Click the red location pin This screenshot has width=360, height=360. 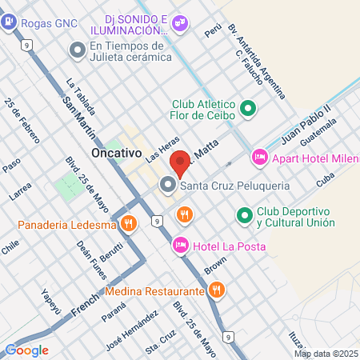(182, 163)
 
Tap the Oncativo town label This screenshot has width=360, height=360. (116, 151)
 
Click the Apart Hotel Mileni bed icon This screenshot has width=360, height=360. (258, 158)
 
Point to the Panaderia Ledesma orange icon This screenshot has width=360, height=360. (129, 224)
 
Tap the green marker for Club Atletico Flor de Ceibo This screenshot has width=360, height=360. (248, 106)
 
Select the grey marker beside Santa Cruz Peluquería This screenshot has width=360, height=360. (168, 186)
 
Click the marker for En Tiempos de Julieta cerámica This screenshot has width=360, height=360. (78, 50)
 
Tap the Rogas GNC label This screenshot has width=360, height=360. (49, 23)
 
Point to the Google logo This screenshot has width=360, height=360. (26, 350)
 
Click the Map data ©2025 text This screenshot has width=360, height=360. (325, 354)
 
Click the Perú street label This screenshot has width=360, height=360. (212, 30)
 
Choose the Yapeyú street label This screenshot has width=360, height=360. (51, 298)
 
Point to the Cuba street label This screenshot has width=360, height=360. (324, 182)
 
